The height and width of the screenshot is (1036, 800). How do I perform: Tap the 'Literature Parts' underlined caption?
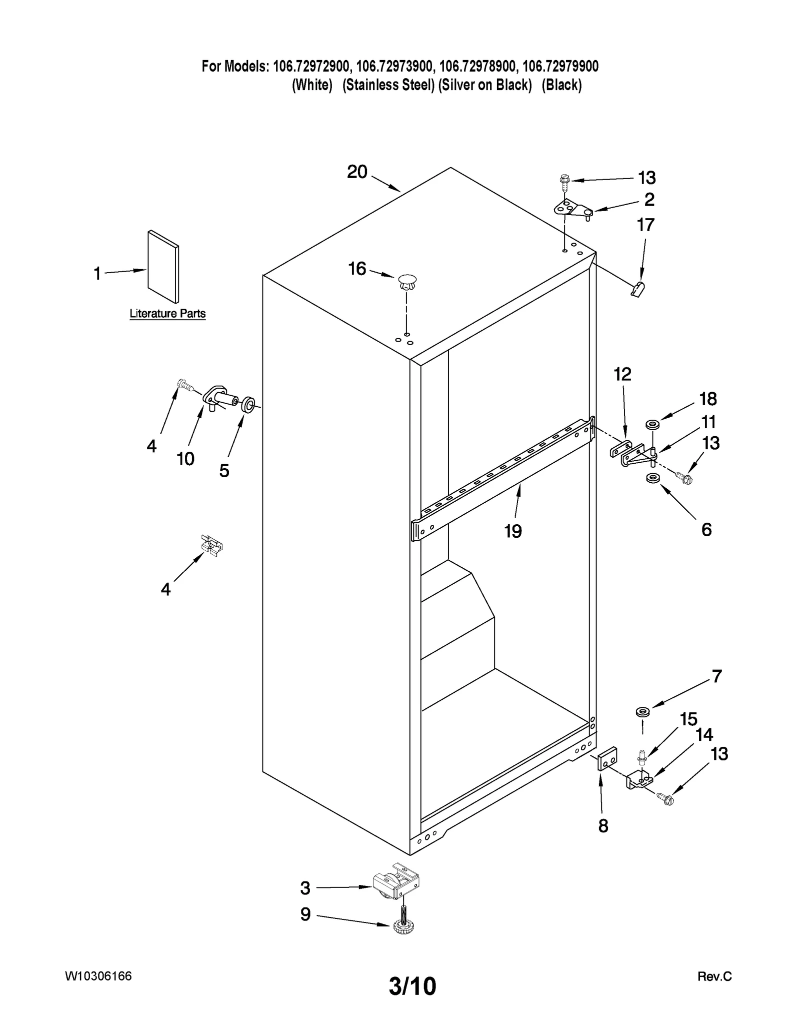coord(167,314)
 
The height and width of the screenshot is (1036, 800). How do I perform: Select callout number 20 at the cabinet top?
coord(357,172)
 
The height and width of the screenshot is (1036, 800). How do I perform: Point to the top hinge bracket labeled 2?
coord(573,208)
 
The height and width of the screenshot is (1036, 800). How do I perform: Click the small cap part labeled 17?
coord(638,289)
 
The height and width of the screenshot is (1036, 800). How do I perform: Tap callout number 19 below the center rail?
coord(513,531)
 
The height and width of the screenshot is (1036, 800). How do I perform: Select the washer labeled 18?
coord(652,425)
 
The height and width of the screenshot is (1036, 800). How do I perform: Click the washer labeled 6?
coord(652,479)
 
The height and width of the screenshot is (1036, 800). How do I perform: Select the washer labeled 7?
coord(642,711)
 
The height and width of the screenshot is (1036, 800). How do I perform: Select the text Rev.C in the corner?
coord(714,976)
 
